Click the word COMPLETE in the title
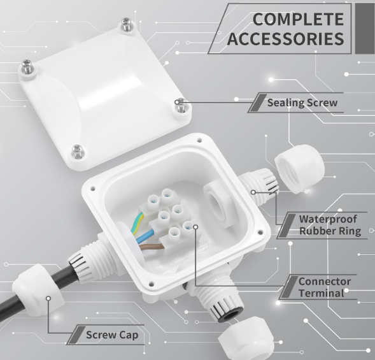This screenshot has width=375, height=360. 298,19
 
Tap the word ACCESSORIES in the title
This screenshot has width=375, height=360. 286,39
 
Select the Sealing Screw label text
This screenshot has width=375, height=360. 302,103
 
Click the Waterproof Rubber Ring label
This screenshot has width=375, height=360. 330,225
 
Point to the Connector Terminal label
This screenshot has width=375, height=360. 325,287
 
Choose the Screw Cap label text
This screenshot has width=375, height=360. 112,335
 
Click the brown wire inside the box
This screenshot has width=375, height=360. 151,247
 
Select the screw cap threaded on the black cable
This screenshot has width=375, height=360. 38,290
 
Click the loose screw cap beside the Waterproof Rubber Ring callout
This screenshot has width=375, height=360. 300,168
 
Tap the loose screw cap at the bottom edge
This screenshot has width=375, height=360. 246,338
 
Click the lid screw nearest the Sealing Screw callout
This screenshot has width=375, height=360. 181,106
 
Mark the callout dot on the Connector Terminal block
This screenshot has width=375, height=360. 195,227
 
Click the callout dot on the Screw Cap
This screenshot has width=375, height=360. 48,298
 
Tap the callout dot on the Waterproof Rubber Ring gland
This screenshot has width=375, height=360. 253,192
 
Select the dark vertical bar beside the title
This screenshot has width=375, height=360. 365,29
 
